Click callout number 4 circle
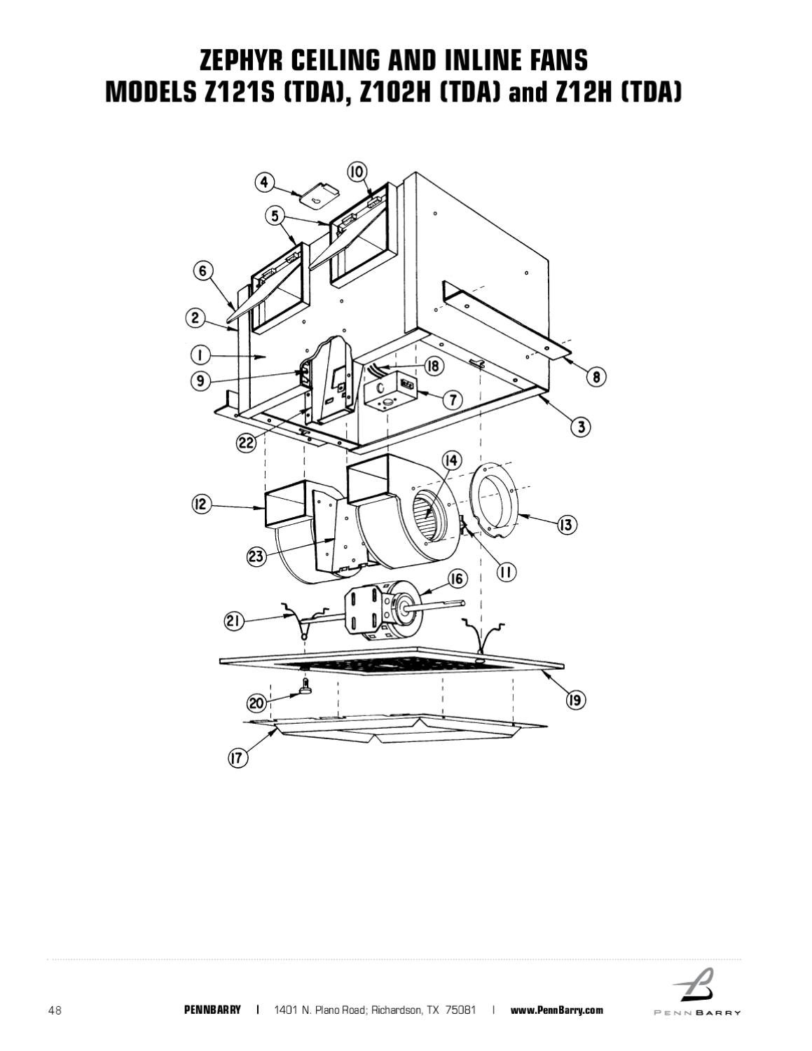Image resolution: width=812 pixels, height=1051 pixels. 264,183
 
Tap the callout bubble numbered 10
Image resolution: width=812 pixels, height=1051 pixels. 357,172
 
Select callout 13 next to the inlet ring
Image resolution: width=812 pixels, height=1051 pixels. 566,525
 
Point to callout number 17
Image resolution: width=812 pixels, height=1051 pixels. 238,758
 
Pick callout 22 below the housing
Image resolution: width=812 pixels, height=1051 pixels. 245,444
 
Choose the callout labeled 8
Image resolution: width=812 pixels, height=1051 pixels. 596,377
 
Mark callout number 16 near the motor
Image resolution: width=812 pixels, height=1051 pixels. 457,579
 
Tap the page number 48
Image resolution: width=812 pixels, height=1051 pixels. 55,1010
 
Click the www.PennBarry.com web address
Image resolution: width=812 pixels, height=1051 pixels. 556,1010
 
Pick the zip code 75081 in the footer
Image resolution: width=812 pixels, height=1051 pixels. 460,1010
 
